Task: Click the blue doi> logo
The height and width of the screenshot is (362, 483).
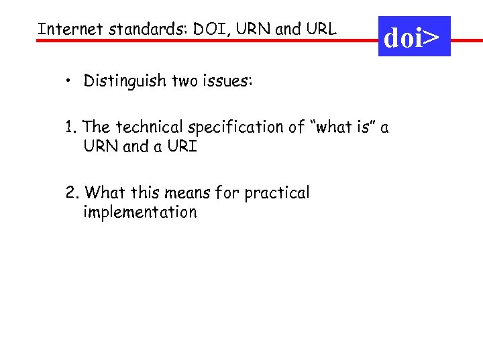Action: pyautogui.click(x=414, y=38)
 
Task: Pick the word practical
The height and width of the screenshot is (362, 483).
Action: pyautogui.click(x=277, y=193)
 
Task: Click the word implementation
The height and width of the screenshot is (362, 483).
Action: pyautogui.click(x=140, y=213)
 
